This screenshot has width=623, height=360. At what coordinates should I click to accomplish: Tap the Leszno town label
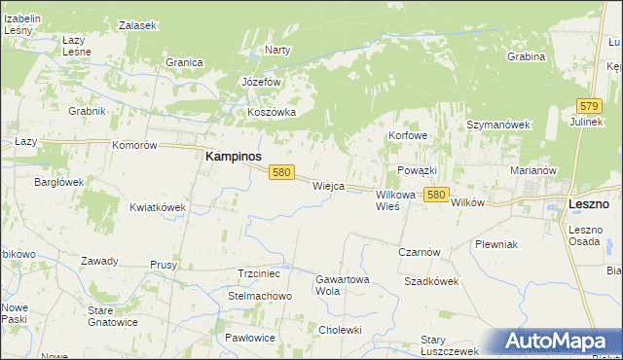coord(588,204)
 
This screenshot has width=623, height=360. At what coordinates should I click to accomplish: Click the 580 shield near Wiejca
coord(281,172)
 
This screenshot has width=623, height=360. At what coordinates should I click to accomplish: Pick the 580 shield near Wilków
coord(436,196)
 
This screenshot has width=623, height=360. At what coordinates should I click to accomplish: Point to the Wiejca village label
coord(328,185)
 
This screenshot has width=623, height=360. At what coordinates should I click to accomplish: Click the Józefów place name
coord(261,82)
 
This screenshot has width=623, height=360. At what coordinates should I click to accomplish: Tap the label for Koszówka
coord(271,112)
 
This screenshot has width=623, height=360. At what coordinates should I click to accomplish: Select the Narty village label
coord(278,50)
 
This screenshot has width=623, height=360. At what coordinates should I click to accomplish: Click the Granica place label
coord(184,62)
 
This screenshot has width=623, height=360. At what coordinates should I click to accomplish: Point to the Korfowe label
coord(408,135)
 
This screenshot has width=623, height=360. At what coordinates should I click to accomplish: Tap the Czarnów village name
coord(420,251)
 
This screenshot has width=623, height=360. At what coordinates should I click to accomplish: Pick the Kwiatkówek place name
coord(158,207)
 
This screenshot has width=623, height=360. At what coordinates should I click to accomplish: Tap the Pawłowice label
coord(249,337)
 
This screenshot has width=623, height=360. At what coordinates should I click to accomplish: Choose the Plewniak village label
coord(495,244)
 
